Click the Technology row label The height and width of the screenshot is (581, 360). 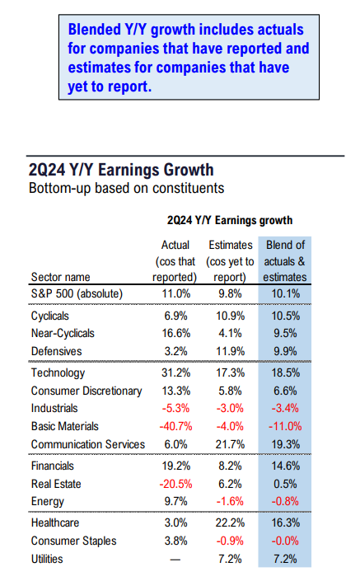coord(58,372)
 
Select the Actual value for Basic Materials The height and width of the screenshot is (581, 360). coord(176,427)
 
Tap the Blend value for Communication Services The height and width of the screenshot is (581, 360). coord(286,444)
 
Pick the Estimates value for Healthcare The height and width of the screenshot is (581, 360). coord(230,522)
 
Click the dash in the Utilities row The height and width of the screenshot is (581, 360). coord(175,560)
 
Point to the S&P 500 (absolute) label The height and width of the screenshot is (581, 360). coord(77,294)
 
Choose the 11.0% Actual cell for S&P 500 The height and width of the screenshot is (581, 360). coord(176,294)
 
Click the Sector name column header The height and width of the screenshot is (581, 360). coord(61,277)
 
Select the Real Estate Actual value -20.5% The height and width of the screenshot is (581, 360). coord(176,484)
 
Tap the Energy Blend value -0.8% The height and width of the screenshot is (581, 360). coord(285,501)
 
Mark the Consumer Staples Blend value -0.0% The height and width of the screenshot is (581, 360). coord(285,541)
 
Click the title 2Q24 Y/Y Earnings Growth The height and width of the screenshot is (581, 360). coord(121,170)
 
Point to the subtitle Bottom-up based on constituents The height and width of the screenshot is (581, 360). coord(126,188)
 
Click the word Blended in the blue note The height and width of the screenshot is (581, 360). coord(95,30)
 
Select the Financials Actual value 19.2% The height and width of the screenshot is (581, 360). coord(176,466)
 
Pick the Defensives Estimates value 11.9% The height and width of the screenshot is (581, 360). coord(230,351)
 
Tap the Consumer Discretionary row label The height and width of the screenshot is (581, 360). coord(86,391)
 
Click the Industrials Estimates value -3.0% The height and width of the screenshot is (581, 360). coord(230,408)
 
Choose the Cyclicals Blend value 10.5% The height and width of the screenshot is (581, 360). coord(286,316)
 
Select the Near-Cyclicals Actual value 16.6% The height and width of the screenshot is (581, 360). coord(176,334)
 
